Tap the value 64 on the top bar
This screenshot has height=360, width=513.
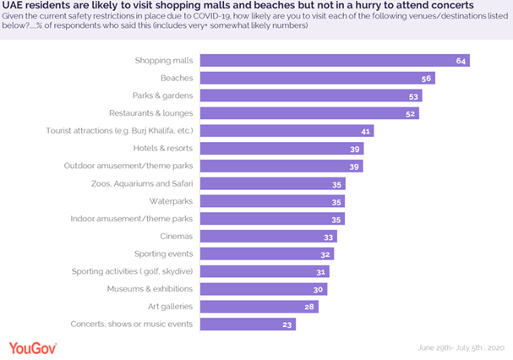click(460, 61)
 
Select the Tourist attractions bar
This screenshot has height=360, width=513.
click(287, 131)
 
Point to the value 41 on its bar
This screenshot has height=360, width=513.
click(364, 131)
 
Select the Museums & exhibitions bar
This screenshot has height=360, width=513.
click(263, 289)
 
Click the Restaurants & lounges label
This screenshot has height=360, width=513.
click(151, 113)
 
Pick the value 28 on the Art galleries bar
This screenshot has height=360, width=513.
click(309, 307)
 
